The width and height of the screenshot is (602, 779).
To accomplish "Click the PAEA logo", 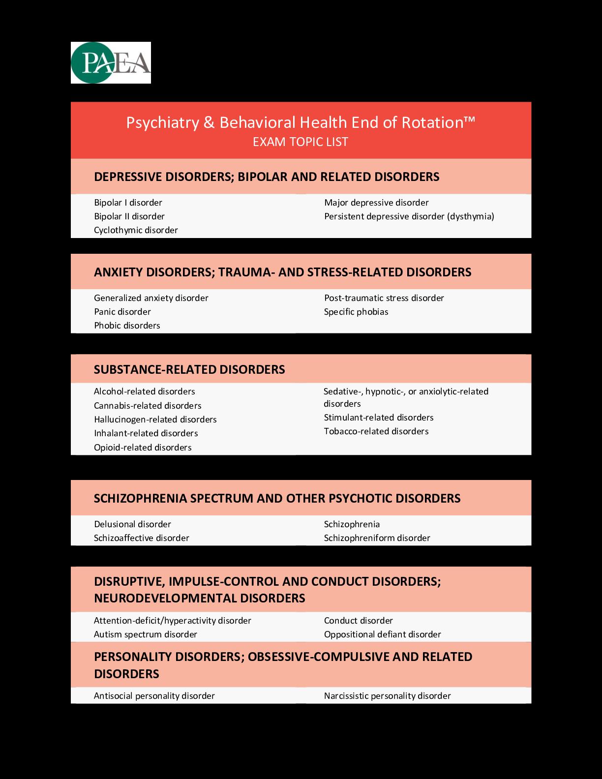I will pyautogui.click(x=111, y=62).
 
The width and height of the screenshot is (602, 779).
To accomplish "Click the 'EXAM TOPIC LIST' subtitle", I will pyautogui.click(x=301, y=142).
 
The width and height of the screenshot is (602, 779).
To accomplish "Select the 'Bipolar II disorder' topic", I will pyautogui.click(x=129, y=216).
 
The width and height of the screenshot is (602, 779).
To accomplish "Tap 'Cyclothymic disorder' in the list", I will pyautogui.click(x=136, y=230).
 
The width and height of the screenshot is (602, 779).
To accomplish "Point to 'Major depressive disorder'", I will pyautogui.click(x=376, y=203).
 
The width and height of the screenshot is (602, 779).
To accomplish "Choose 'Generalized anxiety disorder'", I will pyautogui.click(x=151, y=298).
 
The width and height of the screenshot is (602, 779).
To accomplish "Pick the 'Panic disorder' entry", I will pyautogui.click(x=122, y=312).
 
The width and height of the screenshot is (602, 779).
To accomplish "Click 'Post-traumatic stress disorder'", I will pyautogui.click(x=384, y=298).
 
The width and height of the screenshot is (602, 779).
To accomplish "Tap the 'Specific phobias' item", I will pyautogui.click(x=356, y=312).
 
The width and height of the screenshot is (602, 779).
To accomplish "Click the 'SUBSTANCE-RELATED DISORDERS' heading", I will pyautogui.click(x=189, y=369).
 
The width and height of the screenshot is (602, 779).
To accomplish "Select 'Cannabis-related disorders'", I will pyautogui.click(x=148, y=406).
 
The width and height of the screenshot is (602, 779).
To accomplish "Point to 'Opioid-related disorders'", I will pyautogui.click(x=143, y=448).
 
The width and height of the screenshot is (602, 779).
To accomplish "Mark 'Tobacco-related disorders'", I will pyautogui.click(x=376, y=431).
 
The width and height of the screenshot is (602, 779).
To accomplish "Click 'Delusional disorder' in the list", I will pyautogui.click(x=132, y=524).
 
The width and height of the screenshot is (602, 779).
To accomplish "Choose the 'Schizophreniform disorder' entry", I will pyautogui.click(x=377, y=538).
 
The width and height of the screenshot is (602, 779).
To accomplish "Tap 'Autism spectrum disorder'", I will pyautogui.click(x=146, y=634).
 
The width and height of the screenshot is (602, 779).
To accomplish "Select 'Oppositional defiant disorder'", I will pyautogui.click(x=382, y=634).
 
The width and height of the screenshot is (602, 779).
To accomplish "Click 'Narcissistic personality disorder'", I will pyautogui.click(x=387, y=696).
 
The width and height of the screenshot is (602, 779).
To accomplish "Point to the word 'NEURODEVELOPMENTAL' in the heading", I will pyautogui.click(x=165, y=598).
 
